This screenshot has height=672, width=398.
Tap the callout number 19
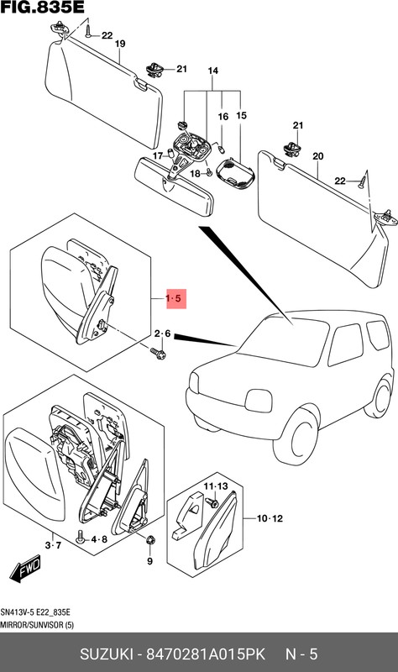click(x=119, y=43)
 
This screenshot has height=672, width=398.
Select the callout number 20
click(x=317, y=157)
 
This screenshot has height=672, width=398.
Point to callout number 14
click(x=212, y=70)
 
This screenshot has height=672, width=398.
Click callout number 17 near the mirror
click(x=157, y=156)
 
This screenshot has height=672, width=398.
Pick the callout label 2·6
click(x=163, y=334)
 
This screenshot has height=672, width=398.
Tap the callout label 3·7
click(x=53, y=547)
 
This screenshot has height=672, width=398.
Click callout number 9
click(x=149, y=560)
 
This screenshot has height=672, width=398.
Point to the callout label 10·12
click(x=270, y=518)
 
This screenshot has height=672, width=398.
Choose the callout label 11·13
click(x=216, y=486)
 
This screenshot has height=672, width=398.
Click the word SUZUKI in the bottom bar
click(x=110, y=654)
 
